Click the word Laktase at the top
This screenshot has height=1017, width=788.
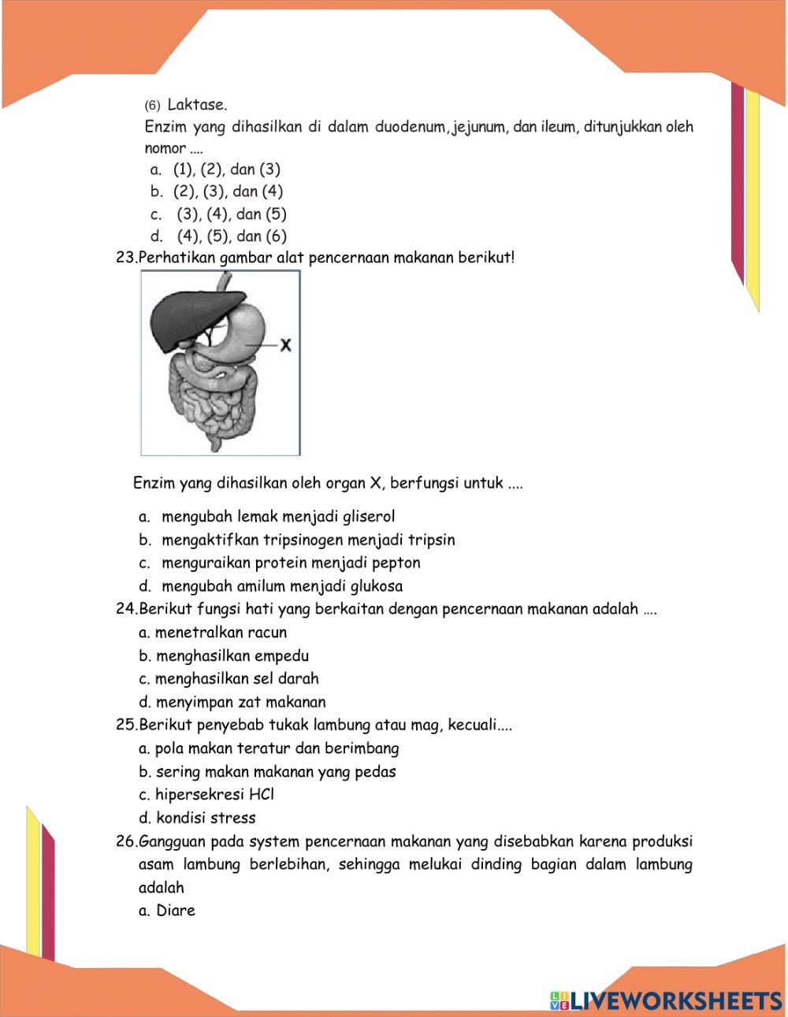point(197,105)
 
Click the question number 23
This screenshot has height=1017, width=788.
point(126,258)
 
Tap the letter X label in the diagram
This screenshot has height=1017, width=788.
point(286,345)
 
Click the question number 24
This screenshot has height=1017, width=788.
point(126,609)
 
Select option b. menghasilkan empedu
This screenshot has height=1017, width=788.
point(224,656)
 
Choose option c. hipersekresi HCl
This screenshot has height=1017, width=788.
point(206,795)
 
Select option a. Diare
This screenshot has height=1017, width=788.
point(167,911)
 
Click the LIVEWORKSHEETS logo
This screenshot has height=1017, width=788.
point(666,1000)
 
